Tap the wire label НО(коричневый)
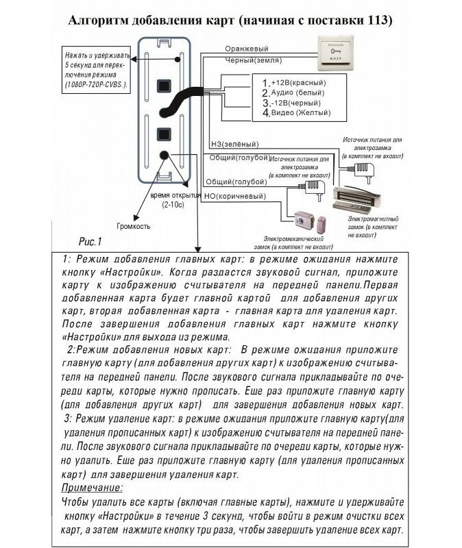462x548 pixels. point(235,197)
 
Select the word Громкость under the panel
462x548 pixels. point(133,227)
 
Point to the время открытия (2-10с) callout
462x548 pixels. point(167,200)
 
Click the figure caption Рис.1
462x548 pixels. point(90,242)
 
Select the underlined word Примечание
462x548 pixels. point(92,488)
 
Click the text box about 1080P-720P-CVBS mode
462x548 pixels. point(96,68)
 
